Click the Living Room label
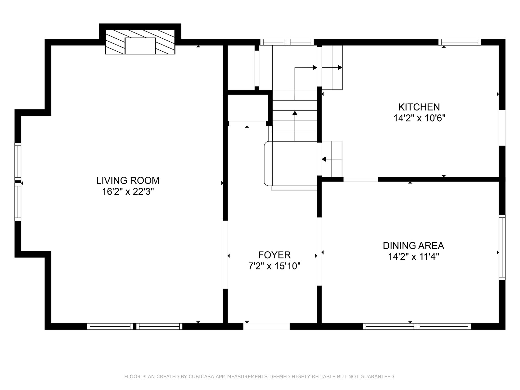pos(128,181)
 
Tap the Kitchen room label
pos(419,107)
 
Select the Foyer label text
pos(274,255)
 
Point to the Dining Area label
pos(413,246)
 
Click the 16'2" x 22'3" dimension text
pos(128,191)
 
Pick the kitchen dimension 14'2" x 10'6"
pos(419,118)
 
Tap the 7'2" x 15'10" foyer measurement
pos(274,266)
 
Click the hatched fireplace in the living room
pos(140,42)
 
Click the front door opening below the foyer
pos(266,326)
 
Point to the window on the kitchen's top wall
pos(460,42)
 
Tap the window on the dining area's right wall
pos(502,247)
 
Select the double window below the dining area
pos(417,326)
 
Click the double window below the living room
pos(135,326)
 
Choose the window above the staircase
pos(287,42)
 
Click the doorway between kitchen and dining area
pos(361,179)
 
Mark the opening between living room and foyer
pos(226,255)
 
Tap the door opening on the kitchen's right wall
pos(502,128)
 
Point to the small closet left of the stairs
pos(248,108)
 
